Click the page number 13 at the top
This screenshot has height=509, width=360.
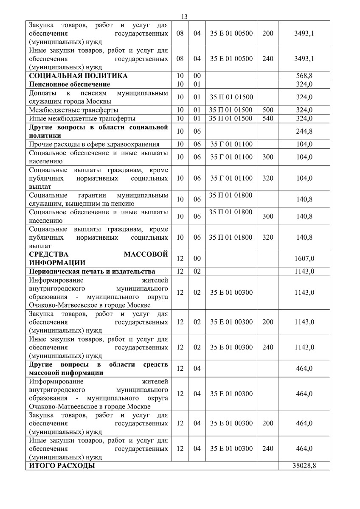pyautogui.click(x=184, y=17)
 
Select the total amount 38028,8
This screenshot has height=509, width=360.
pyautogui.click(x=304, y=466)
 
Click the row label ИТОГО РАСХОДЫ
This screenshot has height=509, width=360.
pyautogui.click(x=62, y=466)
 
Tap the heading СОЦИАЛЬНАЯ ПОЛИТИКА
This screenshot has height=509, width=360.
pyautogui.click(x=78, y=76)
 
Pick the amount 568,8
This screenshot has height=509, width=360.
pyautogui.click(x=304, y=76)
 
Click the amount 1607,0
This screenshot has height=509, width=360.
pyautogui.click(x=304, y=258)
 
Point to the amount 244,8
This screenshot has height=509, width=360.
pyautogui.click(x=304, y=131)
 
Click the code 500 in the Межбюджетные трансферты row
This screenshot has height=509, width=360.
pyautogui.click(x=268, y=110)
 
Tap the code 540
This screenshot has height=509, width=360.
pyautogui.click(x=268, y=118)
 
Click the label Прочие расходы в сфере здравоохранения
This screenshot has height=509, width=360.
pyautogui.click(x=94, y=144)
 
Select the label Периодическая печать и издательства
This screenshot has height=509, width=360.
pyautogui.click(x=92, y=271)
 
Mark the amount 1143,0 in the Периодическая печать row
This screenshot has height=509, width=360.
pyautogui.click(x=304, y=271)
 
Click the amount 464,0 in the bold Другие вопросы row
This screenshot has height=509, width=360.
pyautogui.click(x=304, y=368)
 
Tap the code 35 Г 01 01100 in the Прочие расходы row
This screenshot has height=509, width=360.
pyautogui.click(x=231, y=144)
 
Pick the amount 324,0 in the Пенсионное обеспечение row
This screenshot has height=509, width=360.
pyautogui.click(x=304, y=84)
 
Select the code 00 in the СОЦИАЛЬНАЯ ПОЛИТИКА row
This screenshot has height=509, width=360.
pyautogui.click(x=197, y=76)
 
